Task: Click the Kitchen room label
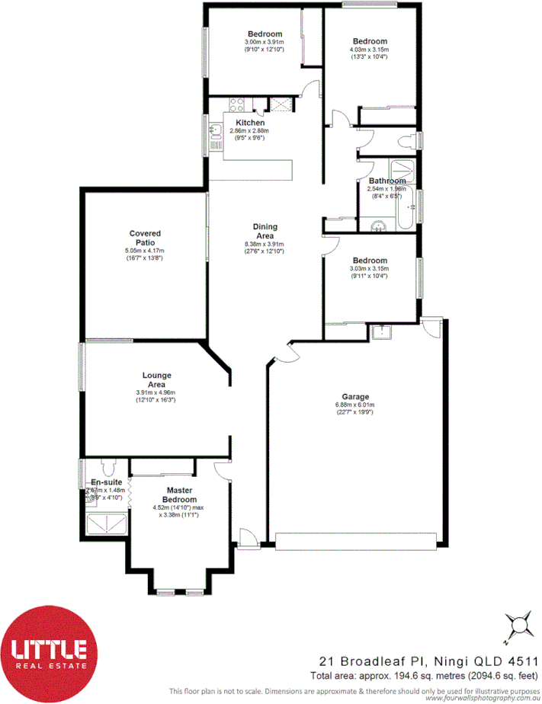[250, 123]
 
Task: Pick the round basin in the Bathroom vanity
[377, 226]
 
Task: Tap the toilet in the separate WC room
[405, 139]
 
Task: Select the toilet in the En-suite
[106, 469]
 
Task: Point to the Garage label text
[355, 396]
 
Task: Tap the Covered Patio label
[144, 238]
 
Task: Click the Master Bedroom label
[180, 494]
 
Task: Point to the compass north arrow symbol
[521, 626]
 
